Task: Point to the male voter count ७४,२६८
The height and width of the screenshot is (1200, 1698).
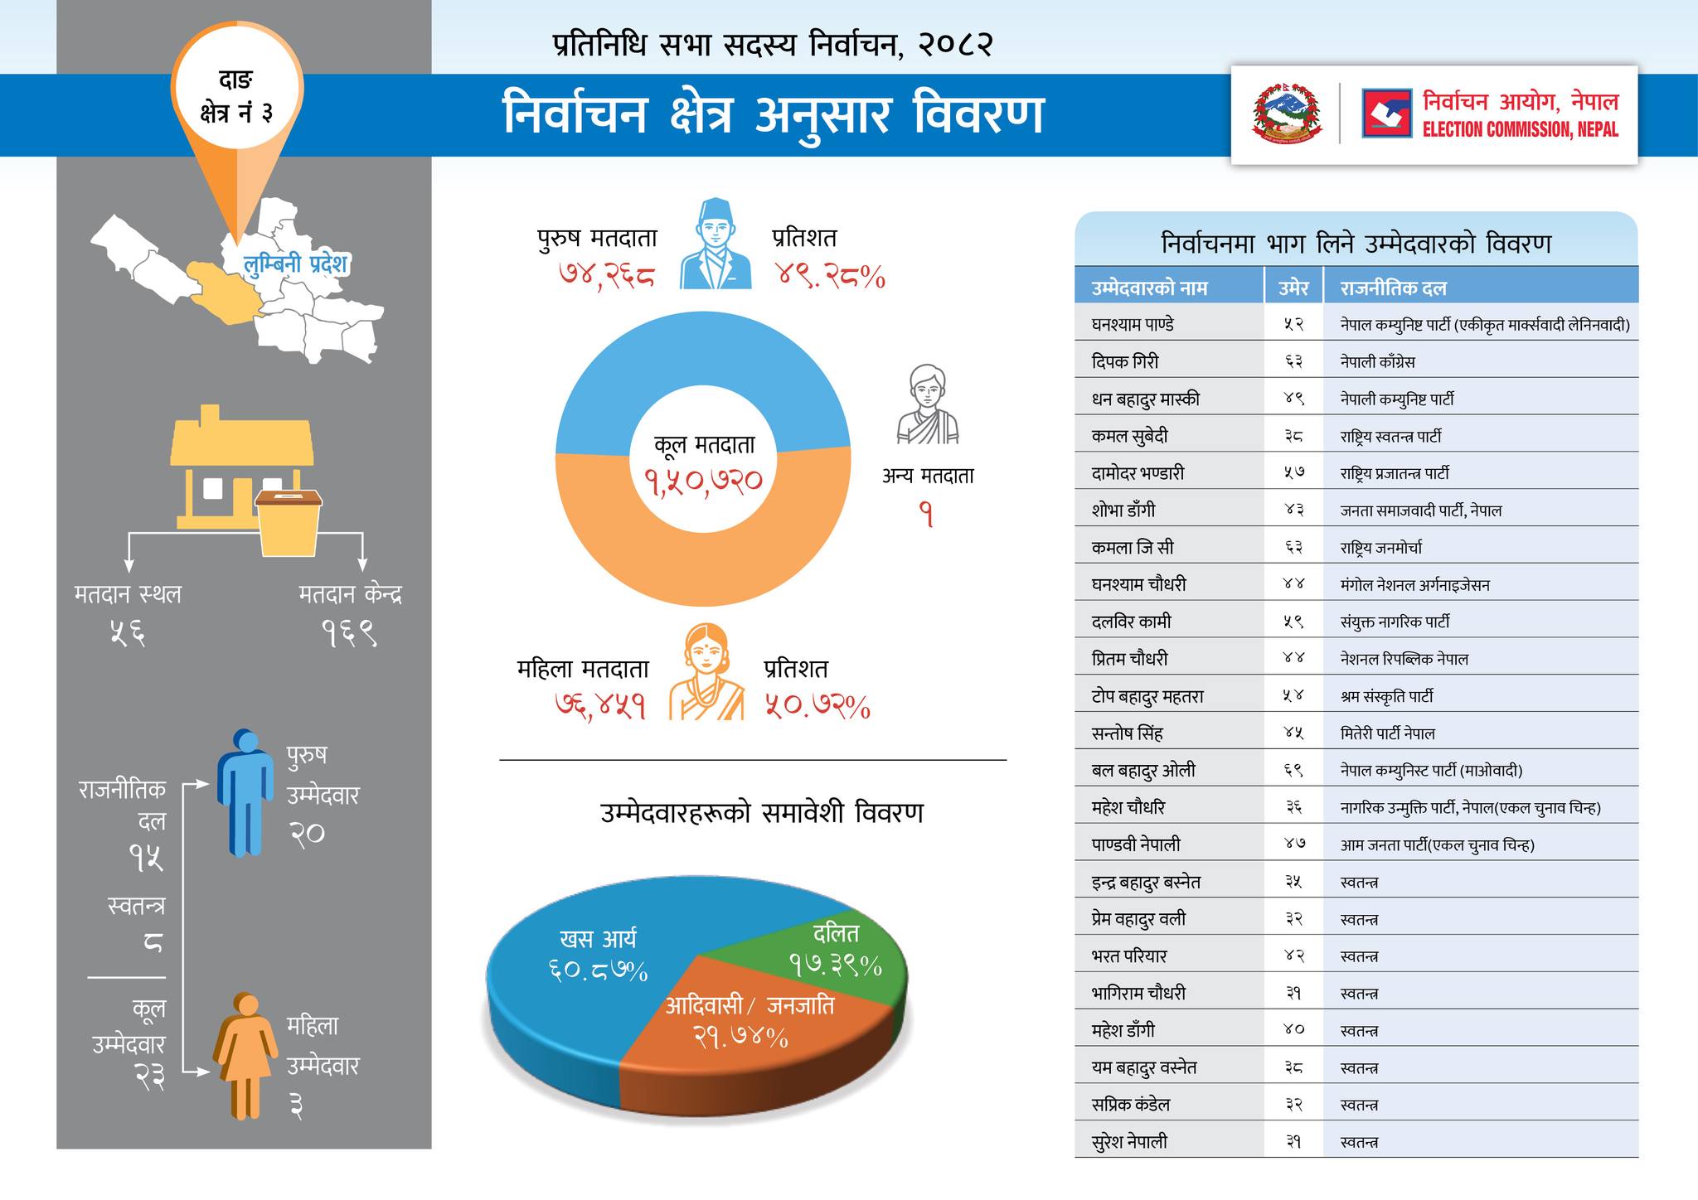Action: (607, 275)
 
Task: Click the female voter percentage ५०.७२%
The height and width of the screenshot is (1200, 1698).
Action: (817, 706)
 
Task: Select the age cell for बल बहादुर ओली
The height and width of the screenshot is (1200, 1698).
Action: (1293, 771)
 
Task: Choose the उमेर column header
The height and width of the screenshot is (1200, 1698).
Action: (1293, 288)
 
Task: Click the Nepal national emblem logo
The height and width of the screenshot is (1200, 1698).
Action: (1287, 114)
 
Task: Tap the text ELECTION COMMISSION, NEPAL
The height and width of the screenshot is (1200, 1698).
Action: (1520, 130)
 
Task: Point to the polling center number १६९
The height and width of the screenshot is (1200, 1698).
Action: (349, 634)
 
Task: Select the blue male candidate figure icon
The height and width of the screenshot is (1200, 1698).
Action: (245, 791)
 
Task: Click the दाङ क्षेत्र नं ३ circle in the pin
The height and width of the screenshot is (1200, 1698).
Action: (237, 95)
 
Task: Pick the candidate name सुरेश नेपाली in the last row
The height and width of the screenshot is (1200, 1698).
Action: (1129, 1142)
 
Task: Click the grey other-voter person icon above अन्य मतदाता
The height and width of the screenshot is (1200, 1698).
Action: (927, 405)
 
